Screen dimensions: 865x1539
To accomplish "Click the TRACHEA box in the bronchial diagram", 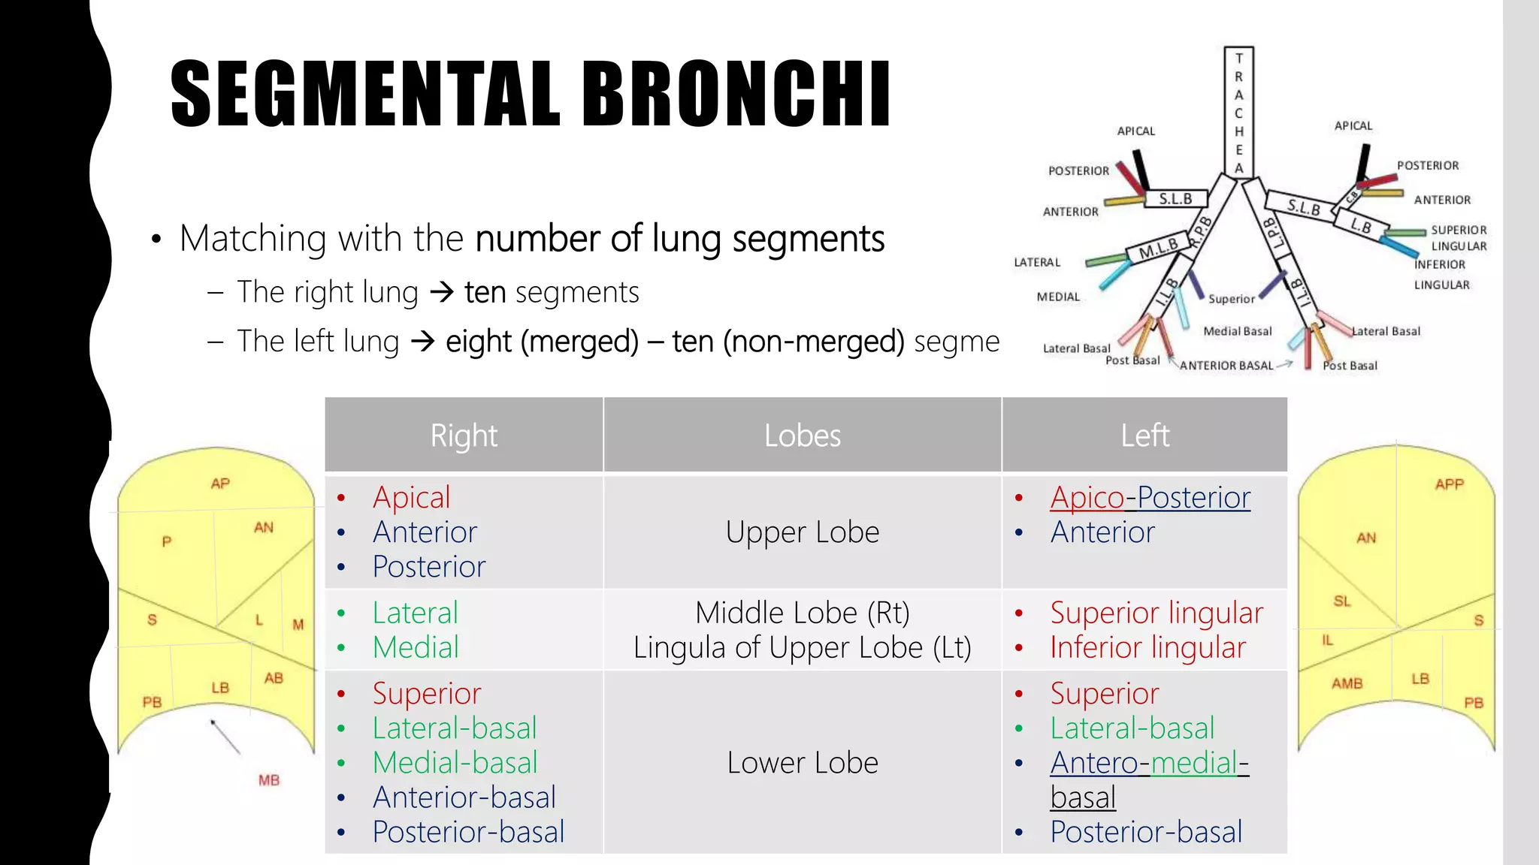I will pyautogui.click(x=1238, y=113).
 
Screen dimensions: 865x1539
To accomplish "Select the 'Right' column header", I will pyautogui.click(x=464, y=436).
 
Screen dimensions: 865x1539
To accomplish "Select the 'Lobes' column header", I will pyautogui.click(x=802, y=436).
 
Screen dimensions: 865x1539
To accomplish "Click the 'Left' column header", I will pyautogui.click(x=1144, y=436).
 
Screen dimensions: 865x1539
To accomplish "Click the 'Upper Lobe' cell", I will pyautogui.click(x=802, y=532).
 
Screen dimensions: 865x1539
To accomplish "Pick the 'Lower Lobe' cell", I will pyautogui.click(x=802, y=763).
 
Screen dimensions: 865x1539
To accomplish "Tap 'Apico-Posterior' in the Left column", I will pyautogui.click(x=1150, y=498).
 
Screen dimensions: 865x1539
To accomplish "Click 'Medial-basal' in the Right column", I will pyautogui.click(x=455, y=763).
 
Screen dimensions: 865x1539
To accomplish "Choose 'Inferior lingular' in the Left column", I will pyautogui.click(x=1147, y=648).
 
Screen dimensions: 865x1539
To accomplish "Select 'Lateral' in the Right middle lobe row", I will pyautogui.click(x=415, y=613).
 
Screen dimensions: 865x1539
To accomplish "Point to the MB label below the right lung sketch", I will pyautogui.click(x=269, y=780).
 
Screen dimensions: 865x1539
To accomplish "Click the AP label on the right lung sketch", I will pyautogui.click(x=220, y=484).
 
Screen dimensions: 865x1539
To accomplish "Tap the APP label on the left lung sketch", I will pyautogui.click(x=1449, y=484).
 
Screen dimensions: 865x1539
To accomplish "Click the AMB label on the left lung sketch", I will pyautogui.click(x=1347, y=683).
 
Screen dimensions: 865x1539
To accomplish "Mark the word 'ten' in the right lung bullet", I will pyautogui.click(x=485, y=292).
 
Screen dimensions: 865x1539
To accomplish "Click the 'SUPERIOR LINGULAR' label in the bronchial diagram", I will pyautogui.click(x=1458, y=237).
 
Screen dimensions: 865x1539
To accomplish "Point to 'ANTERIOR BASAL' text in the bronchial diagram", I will pyautogui.click(x=1226, y=366).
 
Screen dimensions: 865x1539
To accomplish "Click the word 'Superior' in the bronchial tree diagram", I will pyautogui.click(x=1231, y=299).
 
